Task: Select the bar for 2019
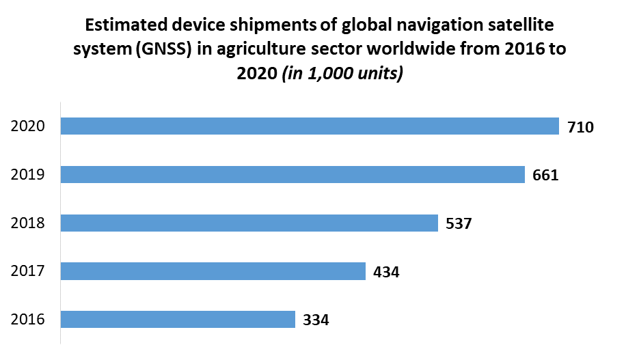click(x=293, y=175)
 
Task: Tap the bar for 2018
click(x=249, y=223)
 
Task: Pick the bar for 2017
click(x=213, y=271)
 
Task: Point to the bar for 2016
click(x=178, y=320)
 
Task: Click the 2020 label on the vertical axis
click(x=28, y=126)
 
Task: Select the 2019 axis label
click(x=28, y=175)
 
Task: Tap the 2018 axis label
click(x=28, y=223)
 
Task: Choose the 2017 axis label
click(x=28, y=271)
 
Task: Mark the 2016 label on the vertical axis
click(x=28, y=320)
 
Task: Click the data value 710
click(x=581, y=127)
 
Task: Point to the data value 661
click(x=545, y=176)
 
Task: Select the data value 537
click(x=459, y=224)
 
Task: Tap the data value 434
click(x=386, y=272)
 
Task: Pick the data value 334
click(x=316, y=320)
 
